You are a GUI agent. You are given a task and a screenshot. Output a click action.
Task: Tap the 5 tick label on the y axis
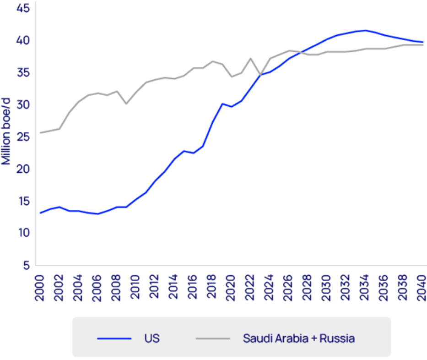27,265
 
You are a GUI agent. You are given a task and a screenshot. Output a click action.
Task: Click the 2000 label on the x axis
40,287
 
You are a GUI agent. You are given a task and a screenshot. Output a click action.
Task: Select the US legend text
152,339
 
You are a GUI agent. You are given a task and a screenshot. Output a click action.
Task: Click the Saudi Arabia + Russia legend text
299,339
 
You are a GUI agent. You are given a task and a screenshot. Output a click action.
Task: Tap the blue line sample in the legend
114,339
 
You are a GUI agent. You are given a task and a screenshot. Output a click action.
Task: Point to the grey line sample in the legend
213,339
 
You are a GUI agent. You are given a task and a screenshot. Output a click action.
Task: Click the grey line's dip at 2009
126,104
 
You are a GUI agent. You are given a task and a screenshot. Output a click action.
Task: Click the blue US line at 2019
222,104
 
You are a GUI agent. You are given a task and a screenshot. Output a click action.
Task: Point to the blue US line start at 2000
40,213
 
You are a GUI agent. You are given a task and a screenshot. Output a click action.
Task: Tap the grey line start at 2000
40,133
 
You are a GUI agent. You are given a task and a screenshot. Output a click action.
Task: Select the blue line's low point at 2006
97,214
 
